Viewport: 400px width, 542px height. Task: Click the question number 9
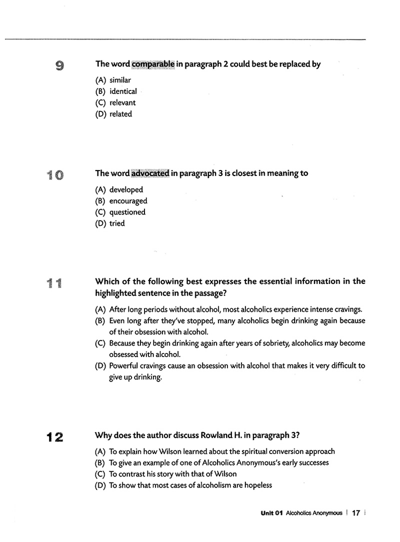coord(59,65)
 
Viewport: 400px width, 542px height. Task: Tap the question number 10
coord(55,175)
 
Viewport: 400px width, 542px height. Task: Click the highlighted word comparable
coord(153,64)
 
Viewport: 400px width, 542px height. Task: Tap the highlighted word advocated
coord(150,173)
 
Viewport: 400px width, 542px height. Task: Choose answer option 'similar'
coord(120,80)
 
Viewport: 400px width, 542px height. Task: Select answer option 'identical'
coord(123,91)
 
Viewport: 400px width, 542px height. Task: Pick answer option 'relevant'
coord(122,103)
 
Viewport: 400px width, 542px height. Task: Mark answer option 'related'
coord(120,114)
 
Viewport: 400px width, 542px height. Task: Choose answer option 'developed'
coord(126,189)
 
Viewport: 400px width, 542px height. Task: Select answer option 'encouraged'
coord(128,201)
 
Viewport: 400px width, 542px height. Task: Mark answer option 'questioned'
coord(127,212)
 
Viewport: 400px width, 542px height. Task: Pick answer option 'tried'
coord(117,223)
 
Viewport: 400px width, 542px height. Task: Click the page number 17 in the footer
coord(356,513)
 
